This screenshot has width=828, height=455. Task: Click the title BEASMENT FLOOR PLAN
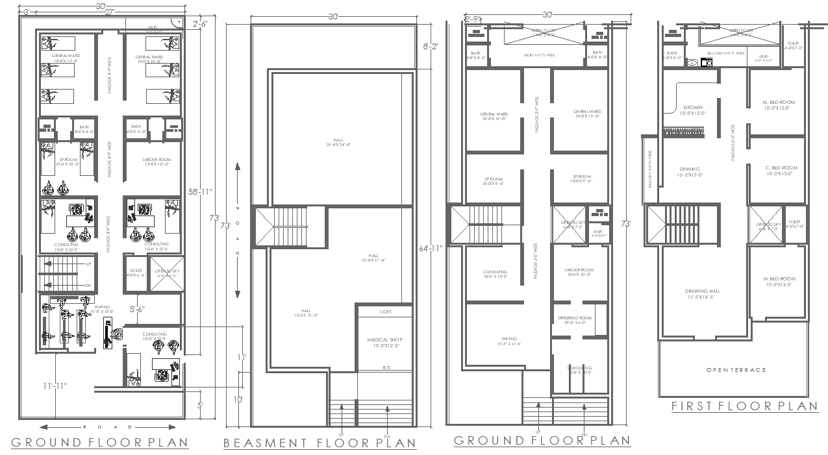coord(320,443)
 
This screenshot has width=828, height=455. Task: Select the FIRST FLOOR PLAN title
coord(744,406)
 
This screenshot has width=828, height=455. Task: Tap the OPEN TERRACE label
coord(736,370)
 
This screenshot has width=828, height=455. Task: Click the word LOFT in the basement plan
coord(386,312)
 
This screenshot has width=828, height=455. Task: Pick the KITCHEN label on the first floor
coord(692,108)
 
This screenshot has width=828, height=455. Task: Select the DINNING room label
coord(689,169)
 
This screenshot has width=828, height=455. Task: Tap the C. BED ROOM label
coord(780,168)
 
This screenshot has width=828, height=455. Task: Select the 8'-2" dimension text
coord(431,47)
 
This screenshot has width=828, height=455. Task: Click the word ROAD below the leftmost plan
coord(107,427)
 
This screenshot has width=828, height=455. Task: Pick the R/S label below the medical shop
coord(386,367)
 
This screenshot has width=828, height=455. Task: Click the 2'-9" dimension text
coord(473,19)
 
